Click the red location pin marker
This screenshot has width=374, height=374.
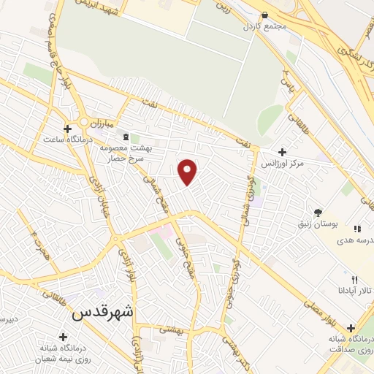[x=188, y=171]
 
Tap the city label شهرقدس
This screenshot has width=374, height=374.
[x=104, y=312]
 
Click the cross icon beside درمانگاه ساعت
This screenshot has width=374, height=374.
[x=67, y=129]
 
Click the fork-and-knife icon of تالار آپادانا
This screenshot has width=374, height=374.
[x=354, y=279]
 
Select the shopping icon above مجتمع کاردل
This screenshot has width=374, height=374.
[x=264, y=15]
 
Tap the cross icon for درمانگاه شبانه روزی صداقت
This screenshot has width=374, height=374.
[x=351, y=328]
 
